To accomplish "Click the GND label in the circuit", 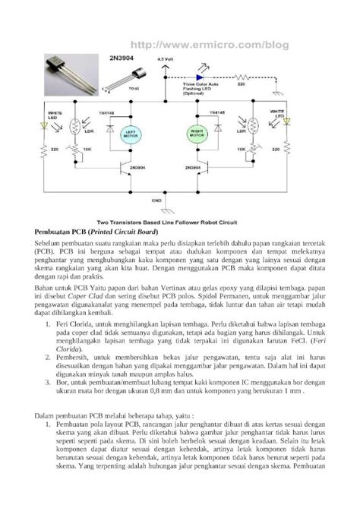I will [x=157, y=200].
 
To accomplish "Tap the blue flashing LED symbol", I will [x=201, y=77].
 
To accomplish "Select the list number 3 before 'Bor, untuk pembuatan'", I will [x=49, y=384].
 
